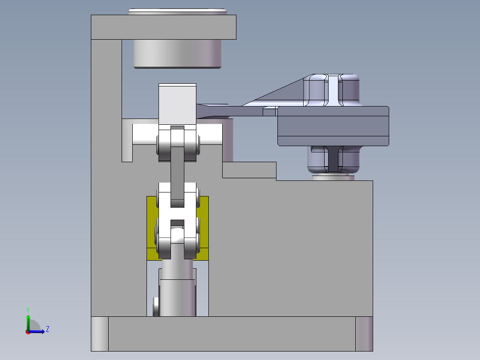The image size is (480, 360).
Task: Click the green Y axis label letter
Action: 28,309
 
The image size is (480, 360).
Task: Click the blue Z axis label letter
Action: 47,329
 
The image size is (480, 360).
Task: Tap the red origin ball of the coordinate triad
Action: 28,331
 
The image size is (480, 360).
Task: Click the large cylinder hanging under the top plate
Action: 177,53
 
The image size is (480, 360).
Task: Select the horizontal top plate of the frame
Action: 163,27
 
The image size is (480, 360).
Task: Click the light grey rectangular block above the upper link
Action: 177,105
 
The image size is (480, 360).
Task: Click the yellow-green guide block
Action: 151,227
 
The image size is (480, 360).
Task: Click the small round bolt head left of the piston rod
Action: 155,306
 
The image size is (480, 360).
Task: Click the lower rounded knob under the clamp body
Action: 332,160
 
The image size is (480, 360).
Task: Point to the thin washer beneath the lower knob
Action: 333,178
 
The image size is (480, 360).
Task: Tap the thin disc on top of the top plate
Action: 177,12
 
